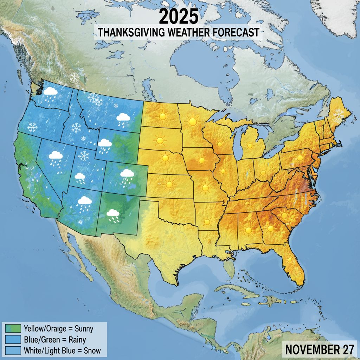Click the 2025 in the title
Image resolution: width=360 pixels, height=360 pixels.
178,17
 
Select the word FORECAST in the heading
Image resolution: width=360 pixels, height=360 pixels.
236,32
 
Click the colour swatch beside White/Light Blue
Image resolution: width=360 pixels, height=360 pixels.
14,351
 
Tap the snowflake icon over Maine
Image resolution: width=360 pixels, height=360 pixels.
339,114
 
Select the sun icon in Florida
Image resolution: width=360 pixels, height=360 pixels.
290,260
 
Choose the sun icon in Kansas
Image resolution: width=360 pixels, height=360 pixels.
170,184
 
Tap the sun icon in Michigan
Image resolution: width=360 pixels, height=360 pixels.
250,145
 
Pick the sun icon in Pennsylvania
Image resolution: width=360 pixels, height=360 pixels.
300,158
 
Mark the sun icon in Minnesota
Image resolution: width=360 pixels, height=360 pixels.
192,122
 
